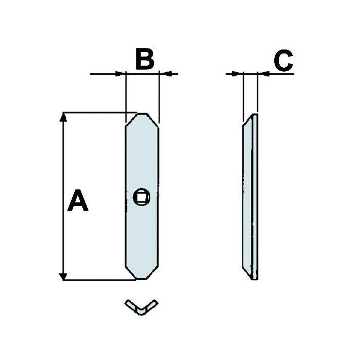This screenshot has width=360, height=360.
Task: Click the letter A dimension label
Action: [x=78, y=200]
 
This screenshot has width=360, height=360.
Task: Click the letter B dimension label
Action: [x=145, y=59]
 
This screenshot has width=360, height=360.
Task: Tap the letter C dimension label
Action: [x=284, y=60]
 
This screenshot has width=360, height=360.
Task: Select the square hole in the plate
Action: [x=141, y=197]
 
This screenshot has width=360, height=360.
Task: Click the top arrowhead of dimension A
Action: [x=63, y=117]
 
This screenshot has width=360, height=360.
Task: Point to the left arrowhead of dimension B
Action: [x=120, y=74]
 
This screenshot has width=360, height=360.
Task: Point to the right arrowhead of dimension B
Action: [x=165, y=74]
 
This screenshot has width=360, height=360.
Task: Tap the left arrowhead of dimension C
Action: [x=237, y=74]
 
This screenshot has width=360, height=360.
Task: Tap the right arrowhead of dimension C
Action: [x=264, y=74]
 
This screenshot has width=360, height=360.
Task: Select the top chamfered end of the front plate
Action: [x=142, y=119]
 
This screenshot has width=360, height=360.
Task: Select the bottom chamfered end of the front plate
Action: [x=142, y=273]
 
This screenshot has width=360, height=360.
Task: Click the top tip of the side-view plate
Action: [x=255, y=114]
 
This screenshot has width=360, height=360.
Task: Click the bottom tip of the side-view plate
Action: [x=254, y=279]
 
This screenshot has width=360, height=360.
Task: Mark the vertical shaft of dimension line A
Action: [x=63, y=196]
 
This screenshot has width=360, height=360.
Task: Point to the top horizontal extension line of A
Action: [x=100, y=113]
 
